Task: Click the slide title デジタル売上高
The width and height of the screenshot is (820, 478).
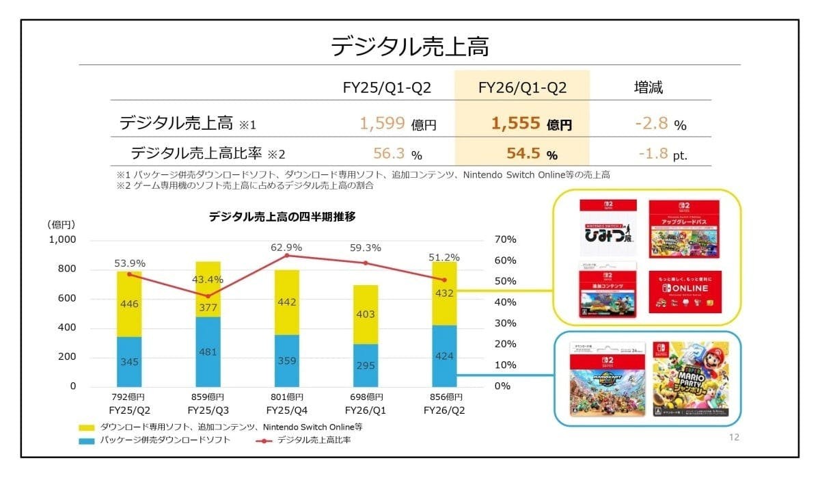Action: (409, 47)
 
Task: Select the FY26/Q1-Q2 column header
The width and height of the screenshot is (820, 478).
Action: (522, 88)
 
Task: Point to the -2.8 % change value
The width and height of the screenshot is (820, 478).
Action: (659, 124)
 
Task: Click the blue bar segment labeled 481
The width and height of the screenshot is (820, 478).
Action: (209, 352)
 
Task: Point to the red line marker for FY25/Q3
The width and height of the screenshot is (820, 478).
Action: (209, 296)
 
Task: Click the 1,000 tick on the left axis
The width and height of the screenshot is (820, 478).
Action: (61, 240)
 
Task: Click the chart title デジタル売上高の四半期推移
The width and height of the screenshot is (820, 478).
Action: (282, 217)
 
